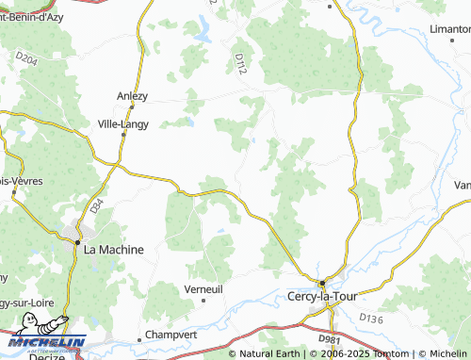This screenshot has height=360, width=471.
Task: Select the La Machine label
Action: click(x=113, y=250)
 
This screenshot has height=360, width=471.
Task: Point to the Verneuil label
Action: click(x=203, y=288)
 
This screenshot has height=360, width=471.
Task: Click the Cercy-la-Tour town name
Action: click(x=321, y=297)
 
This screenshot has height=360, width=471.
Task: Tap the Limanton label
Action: click(x=450, y=28)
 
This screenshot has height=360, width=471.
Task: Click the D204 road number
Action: click(x=26, y=58)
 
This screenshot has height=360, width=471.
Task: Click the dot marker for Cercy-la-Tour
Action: click(x=321, y=282)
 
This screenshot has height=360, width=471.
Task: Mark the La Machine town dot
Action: click(x=78, y=241)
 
